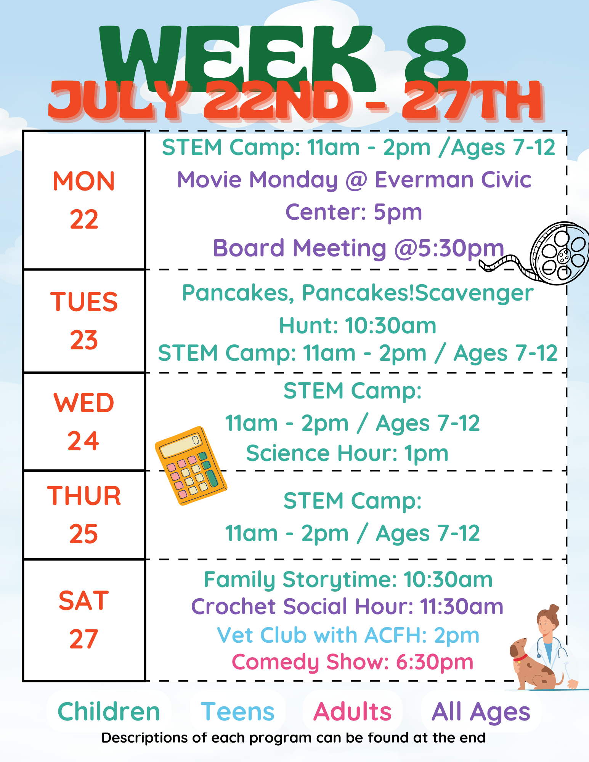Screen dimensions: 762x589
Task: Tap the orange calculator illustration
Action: pos(191,466)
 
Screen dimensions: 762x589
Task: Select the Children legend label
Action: pos(109,712)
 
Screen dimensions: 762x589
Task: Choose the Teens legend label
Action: pos(238,712)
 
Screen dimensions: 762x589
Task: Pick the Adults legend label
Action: pos(352,712)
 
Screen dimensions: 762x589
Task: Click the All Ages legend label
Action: pos(481,712)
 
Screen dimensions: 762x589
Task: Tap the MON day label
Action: pos(84,181)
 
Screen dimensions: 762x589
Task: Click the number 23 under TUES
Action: pos(84,340)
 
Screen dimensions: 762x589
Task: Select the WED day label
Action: pos(84,403)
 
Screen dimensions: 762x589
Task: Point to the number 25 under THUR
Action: pos(84,534)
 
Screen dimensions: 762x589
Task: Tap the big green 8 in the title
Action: pos(437,57)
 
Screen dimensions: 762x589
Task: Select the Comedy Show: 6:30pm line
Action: pos(353,662)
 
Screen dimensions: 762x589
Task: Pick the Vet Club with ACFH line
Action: pos(348,635)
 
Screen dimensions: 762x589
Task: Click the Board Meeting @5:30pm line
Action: pos(358,248)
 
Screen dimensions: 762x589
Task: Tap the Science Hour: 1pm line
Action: pos(347,453)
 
